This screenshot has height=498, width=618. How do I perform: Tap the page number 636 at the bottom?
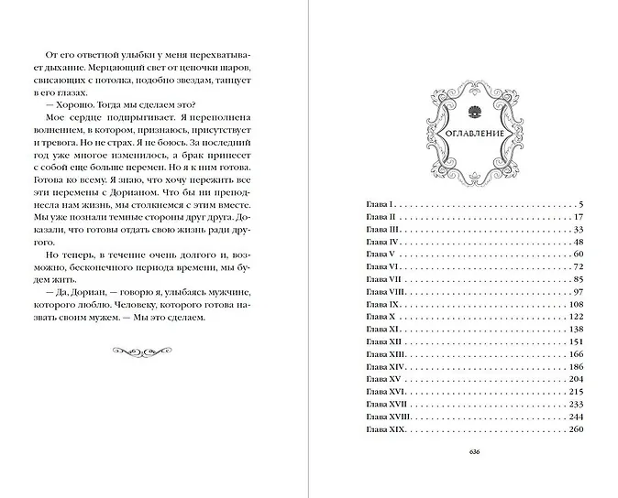click(473, 451)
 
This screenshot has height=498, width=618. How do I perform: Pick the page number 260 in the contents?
click(576, 429)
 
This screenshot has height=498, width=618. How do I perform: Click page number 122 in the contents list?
click(576, 315)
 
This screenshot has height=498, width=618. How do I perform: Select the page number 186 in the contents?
click(576, 366)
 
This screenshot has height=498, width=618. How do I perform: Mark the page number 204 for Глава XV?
click(576, 379)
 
